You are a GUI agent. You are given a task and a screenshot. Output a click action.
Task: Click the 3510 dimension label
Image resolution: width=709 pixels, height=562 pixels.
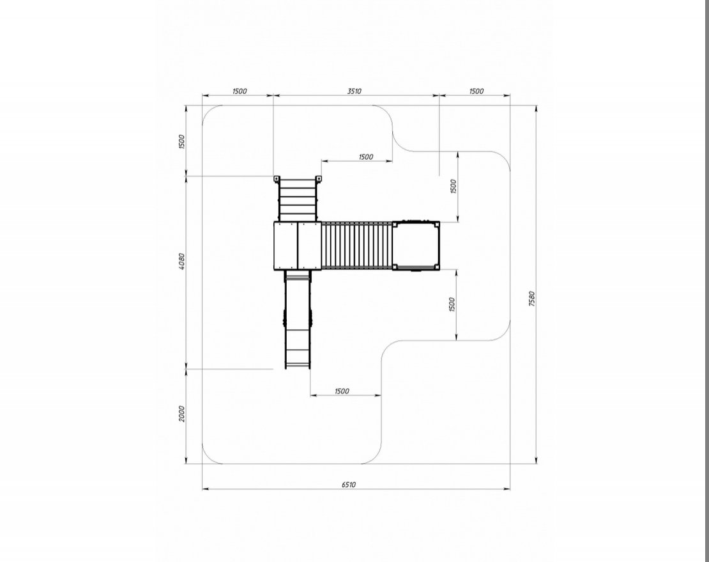354,91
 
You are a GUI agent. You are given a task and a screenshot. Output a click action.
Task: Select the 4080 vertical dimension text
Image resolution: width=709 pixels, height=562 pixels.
182,261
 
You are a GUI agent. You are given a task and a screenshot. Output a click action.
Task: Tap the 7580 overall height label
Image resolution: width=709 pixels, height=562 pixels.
531,299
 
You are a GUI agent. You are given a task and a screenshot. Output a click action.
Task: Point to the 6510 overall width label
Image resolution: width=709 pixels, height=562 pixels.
349,485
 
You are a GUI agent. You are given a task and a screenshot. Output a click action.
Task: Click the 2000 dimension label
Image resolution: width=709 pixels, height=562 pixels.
182,414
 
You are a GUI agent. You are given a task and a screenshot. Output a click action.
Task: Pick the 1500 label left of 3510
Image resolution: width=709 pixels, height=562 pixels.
240,91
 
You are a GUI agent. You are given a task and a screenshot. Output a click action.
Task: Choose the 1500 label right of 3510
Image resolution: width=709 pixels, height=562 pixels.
476,91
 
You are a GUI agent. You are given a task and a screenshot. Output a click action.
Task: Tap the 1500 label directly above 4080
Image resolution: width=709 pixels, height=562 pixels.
182,142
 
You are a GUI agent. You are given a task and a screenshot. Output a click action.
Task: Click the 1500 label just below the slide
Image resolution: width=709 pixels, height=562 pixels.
342,391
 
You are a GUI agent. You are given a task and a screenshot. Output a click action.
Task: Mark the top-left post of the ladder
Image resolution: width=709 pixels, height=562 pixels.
277,179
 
